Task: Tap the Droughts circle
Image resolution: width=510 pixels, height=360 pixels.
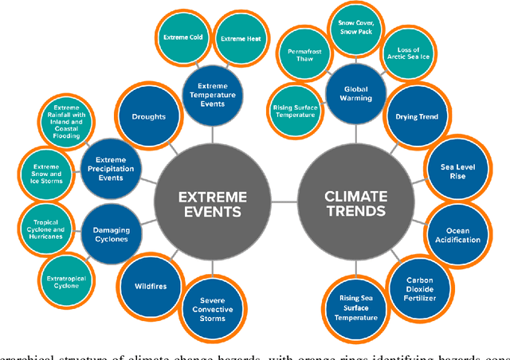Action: pyautogui.click(x=149, y=117)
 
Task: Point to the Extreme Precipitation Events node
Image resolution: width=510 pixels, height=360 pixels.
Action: pyautogui.click(x=111, y=167)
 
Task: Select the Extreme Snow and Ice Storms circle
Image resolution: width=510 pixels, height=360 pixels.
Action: pyautogui.click(x=45, y=170)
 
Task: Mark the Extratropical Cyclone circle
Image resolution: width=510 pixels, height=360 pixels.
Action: pyautogui.click(x=66, y=274)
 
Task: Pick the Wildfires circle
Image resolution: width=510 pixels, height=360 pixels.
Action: pyautogui.click(x=150, y=284)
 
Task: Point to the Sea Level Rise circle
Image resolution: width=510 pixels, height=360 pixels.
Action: pyautogui.click(x=457, y=171)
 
